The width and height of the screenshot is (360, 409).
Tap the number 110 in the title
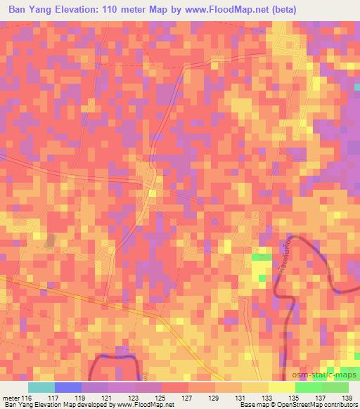(127, 10)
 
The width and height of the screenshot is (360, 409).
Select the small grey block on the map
(50, 240)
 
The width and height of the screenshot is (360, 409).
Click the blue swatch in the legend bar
(68, 387)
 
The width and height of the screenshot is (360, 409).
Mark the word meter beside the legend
(12, 397)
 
